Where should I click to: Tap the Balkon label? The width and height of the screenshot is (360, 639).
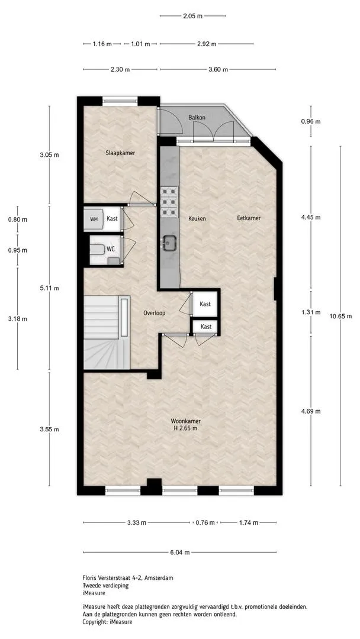(x=197, y=117)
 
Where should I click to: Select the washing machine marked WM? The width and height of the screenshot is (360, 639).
(x=94, y=220)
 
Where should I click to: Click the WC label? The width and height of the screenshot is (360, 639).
(x=111, y=248)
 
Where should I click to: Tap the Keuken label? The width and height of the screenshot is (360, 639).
(x=197, y=218)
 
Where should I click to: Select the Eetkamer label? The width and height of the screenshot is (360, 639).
(x=249, y=218)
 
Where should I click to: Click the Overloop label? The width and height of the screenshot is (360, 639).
(x=154, y=314)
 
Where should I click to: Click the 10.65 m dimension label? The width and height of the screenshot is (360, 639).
(x=340, y=316)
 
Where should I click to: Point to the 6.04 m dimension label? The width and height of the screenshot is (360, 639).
(x=180, y=553)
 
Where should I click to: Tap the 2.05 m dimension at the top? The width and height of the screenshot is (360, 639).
(x=192, y=17)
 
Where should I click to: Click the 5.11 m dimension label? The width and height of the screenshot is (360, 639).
(x=49, y=288)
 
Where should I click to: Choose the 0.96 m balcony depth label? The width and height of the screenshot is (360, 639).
(x=311, y=121)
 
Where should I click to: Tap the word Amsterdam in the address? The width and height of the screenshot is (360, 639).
(x=159, y=578)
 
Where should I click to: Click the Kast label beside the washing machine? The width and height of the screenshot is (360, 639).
(x=112, y=218)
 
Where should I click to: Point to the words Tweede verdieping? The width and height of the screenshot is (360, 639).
(x=105, y=586)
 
